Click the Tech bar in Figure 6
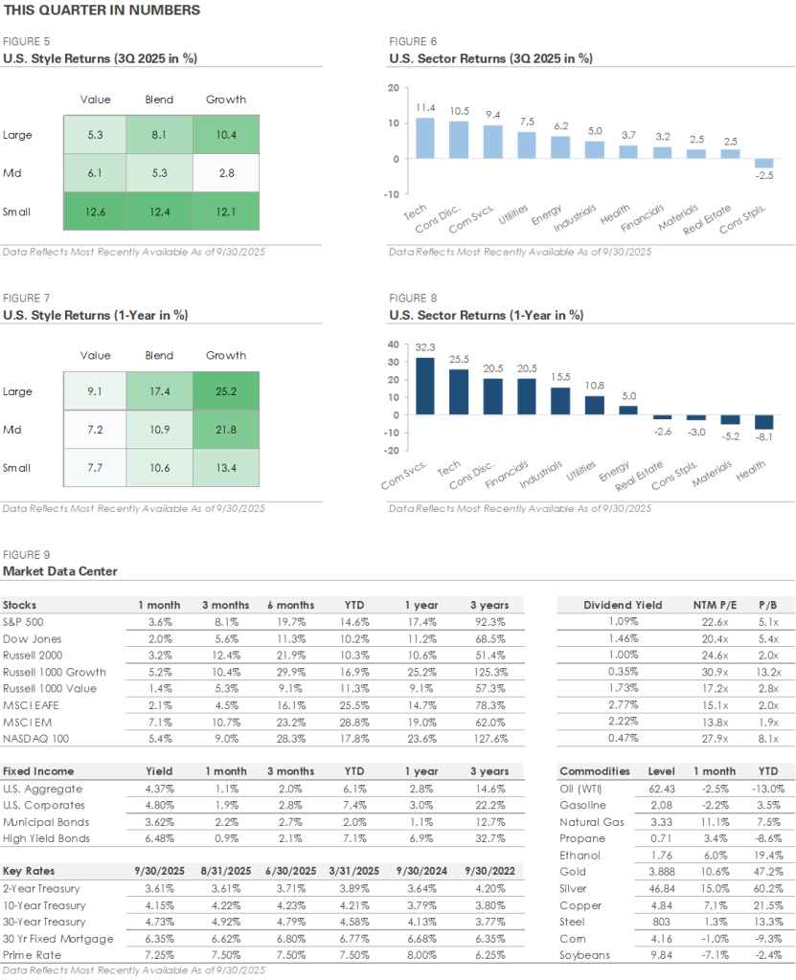click(x=425, y=138)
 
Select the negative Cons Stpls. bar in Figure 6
click(x=764, y=163)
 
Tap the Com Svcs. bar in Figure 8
click(x=424, y=386)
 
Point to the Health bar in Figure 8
click(x=764, y=422)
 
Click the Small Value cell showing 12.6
click(x=95, y=211)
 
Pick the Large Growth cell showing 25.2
click(x=226, y=390)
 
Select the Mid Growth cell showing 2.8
click(x=226, y=172)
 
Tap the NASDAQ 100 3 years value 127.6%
click(x=489, y=738)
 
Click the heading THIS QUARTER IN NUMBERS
click(x=102, y=11)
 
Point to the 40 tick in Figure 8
click(x=392, y=345)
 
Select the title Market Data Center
click(x=60, y=571)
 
